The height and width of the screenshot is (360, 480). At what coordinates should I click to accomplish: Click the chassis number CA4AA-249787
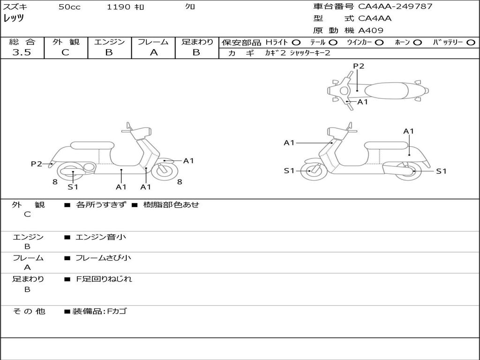pos(395,7)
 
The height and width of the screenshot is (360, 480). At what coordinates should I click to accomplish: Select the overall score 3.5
pos(22,52)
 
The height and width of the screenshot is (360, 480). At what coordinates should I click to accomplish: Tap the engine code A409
pos(371,30)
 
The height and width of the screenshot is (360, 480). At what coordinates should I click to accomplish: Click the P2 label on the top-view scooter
pos(359,66)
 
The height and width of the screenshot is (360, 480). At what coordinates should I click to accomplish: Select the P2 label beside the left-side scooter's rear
pos(37,164)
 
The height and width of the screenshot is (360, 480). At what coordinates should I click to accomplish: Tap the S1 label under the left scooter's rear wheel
pos(73,187)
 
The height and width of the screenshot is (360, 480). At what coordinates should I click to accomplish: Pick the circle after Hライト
pos(296,42)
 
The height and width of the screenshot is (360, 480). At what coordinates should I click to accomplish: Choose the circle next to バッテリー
pos(471,42)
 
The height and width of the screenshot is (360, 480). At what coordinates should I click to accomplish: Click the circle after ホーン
pos(417,42)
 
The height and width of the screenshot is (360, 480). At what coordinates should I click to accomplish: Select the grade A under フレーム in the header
pos(153,52)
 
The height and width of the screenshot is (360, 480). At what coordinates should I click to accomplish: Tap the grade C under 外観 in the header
pos(65,52)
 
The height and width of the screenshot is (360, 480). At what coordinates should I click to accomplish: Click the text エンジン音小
pos(101,237)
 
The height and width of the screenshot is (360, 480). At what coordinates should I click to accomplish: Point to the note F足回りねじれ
pos(104,279)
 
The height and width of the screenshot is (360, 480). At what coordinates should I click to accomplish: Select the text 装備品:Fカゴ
pos(99,311)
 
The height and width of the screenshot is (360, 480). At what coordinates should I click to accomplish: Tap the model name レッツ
pos(14,18)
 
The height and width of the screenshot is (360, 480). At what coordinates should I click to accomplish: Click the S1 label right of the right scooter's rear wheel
pos(441,171)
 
